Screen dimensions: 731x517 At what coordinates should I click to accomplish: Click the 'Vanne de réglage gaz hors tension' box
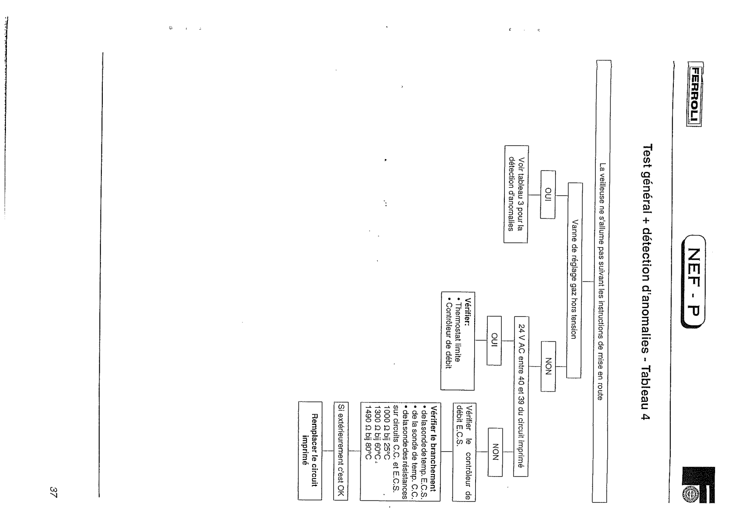coord(574,280)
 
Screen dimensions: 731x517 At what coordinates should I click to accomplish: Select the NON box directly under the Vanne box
coord(548,366)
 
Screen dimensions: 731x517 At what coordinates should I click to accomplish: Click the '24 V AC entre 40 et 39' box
coord(521,396)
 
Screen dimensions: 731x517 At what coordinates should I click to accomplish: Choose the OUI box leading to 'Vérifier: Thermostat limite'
coord(493,340)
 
